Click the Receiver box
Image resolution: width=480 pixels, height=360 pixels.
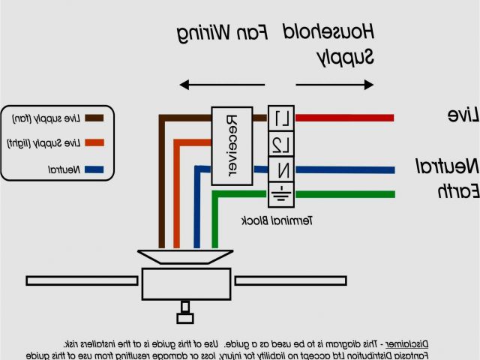point(231,145)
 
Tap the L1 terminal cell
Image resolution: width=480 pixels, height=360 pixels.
point(280,118)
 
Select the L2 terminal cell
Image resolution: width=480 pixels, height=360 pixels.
point(280,144)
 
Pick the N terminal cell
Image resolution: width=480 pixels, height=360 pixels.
point(280,169)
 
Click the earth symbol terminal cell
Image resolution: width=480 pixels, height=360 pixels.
point(280,193)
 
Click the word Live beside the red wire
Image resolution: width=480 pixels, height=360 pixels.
point(463,115)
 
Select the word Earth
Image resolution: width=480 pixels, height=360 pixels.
point(458,191)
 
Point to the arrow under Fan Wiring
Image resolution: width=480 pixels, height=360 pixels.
point(217,85)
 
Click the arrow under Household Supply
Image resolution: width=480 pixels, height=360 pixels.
point(334,85)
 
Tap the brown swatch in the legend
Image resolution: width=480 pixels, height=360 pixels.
point(94,118)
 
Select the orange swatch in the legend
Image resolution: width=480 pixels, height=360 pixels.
point(94,142)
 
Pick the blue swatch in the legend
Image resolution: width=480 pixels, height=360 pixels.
point(94,169)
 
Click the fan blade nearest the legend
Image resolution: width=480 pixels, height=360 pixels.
point(82,280)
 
